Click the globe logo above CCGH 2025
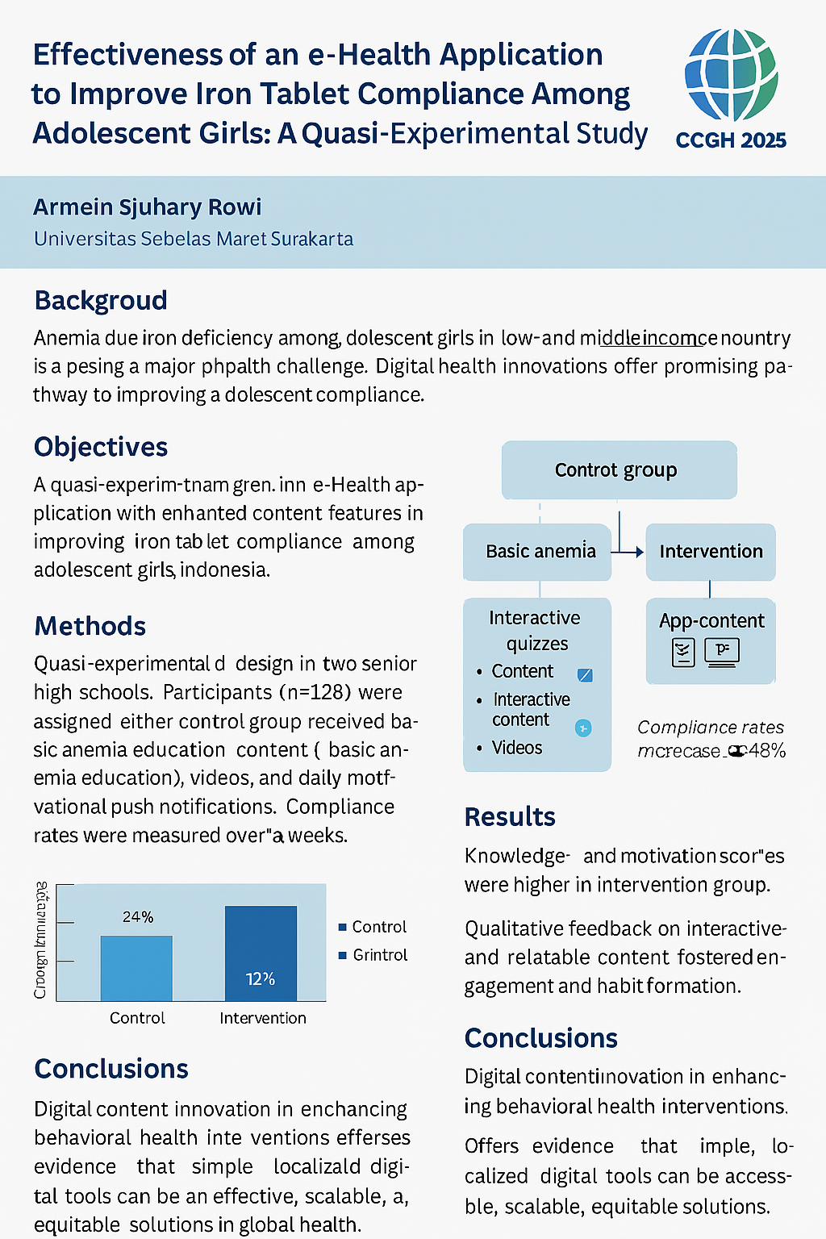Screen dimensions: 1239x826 click(731, 75)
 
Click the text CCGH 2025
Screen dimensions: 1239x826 click(731, 140)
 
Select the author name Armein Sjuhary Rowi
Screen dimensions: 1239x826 click(148, 207)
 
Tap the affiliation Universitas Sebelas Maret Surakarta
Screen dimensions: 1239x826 click(194, 240)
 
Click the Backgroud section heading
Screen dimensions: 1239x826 click(101, 300)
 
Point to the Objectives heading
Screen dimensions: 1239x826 click(101, 447)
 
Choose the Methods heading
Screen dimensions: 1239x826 click(90, 626)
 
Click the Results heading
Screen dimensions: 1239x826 click(510, 817)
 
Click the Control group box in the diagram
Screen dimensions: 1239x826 click(619, 470)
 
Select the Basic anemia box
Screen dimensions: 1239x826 click(540, 552)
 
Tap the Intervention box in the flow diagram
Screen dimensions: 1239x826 click(711, 552)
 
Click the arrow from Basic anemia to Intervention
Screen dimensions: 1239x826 click(628, 553)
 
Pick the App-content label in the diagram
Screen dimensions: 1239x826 click(711, 620)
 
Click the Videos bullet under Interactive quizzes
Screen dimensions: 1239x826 click(517, 748)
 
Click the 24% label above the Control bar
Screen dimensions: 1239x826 click(138, 917)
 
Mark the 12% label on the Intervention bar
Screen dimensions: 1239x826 click(261, 978)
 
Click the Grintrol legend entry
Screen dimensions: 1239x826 click(379, 955)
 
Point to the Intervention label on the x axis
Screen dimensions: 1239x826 click(263, 1018)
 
